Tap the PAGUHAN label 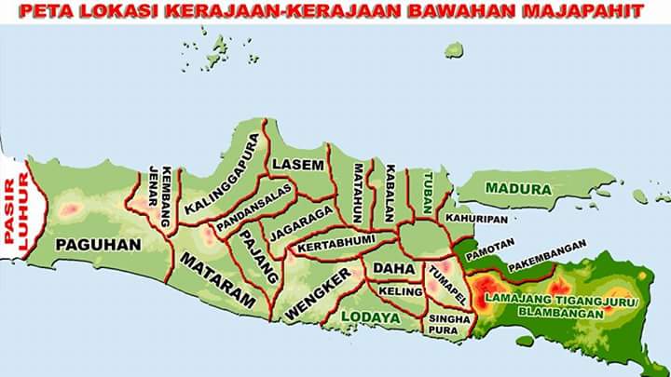[x=98, y=245]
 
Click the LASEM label [x=298, y=165]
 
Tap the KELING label [x=401, y=291]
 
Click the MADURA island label [x=518, y=189]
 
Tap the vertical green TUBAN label [x=428, y=193]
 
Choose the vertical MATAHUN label [x=357, y=192]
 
